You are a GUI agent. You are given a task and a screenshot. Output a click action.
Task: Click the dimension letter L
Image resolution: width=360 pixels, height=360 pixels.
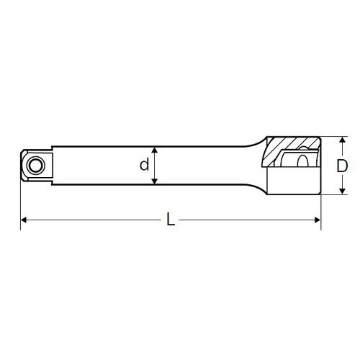[x=171, y=220]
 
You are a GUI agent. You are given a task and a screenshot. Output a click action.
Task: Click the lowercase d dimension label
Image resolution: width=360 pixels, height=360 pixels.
[x=145, y=165]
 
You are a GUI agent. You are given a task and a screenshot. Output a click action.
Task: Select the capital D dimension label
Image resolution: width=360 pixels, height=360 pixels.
[x=343, y=166]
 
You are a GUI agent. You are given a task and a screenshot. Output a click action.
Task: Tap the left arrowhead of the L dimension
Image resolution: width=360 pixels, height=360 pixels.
[x=24, y=220]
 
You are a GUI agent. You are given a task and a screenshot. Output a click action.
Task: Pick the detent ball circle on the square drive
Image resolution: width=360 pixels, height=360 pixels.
[x=34, y=165]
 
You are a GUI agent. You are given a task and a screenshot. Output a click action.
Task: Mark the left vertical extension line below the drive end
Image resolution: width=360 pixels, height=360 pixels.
[x=20, y=205]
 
